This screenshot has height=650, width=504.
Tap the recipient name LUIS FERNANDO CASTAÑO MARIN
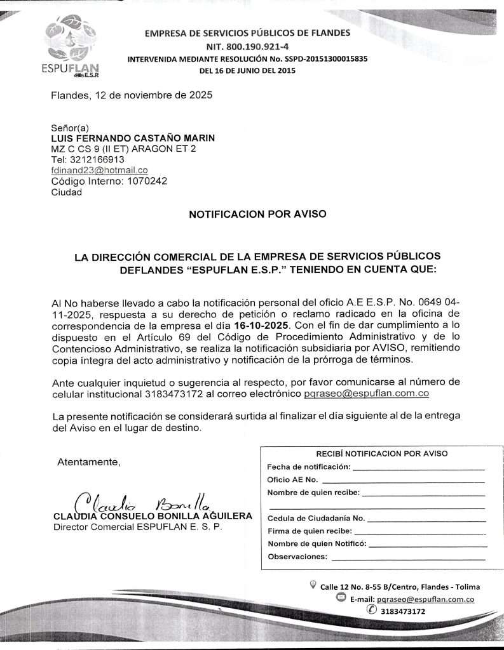(133, 138)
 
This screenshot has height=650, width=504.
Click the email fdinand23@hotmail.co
(99, 170)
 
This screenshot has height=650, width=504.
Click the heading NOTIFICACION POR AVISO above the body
(258, 214)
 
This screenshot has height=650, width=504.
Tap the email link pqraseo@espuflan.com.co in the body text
(367, 394)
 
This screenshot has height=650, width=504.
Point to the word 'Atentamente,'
(89, 462)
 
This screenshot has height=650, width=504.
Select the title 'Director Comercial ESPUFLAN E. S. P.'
(137, 527)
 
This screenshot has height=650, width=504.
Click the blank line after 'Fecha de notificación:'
(418, 468)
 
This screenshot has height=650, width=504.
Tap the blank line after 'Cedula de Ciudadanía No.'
(426, 519)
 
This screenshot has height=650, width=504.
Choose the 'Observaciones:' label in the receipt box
(298, 557)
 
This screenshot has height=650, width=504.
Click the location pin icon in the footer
(312, 585)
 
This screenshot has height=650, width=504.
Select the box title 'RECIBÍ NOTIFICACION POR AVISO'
(382, 453)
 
